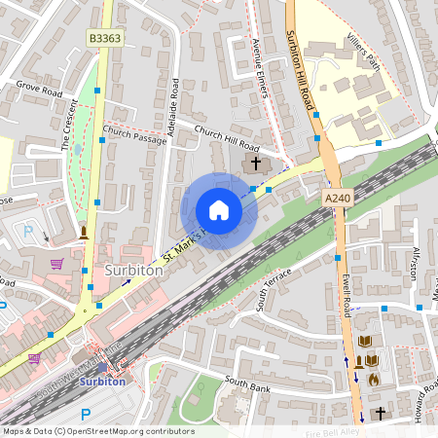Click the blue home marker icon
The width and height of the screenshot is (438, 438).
tap(219, 210)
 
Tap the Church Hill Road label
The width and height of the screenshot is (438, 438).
tap(226, 136)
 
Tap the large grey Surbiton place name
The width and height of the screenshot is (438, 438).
tap(133, 271)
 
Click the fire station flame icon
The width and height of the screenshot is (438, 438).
tap(373, 379)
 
